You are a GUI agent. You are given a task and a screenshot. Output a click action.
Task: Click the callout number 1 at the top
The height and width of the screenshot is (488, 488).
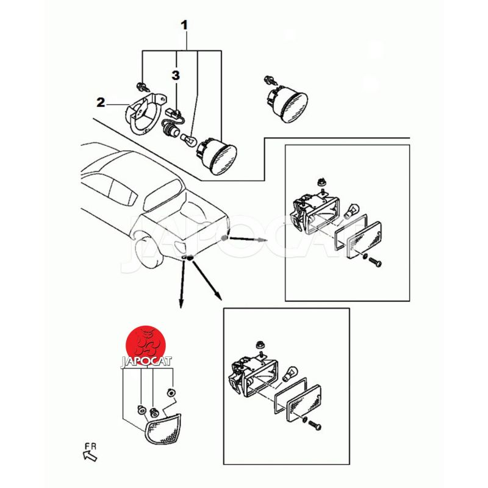click(185, 25)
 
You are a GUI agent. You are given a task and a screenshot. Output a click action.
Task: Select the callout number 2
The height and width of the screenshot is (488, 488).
click(101, 102)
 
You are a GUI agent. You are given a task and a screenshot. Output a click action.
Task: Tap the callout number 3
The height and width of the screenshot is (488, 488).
click(176, 75)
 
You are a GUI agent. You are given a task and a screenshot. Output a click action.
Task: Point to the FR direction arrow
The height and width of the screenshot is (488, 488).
click(90, 456)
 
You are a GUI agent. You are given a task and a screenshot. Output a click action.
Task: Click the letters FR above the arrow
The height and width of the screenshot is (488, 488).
click(90, 447)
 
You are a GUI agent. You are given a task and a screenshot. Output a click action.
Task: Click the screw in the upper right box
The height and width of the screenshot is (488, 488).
click(375, 262)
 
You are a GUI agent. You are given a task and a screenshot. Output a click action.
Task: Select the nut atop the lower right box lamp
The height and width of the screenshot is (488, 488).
click(259, 344)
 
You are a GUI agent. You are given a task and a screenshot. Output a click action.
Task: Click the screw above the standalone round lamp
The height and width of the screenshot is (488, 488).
click(270, 80)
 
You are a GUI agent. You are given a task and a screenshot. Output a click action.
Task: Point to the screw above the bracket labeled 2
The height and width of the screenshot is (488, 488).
click(142, 87)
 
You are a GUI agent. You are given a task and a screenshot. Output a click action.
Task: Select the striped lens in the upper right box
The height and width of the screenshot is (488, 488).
click(364, 239)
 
